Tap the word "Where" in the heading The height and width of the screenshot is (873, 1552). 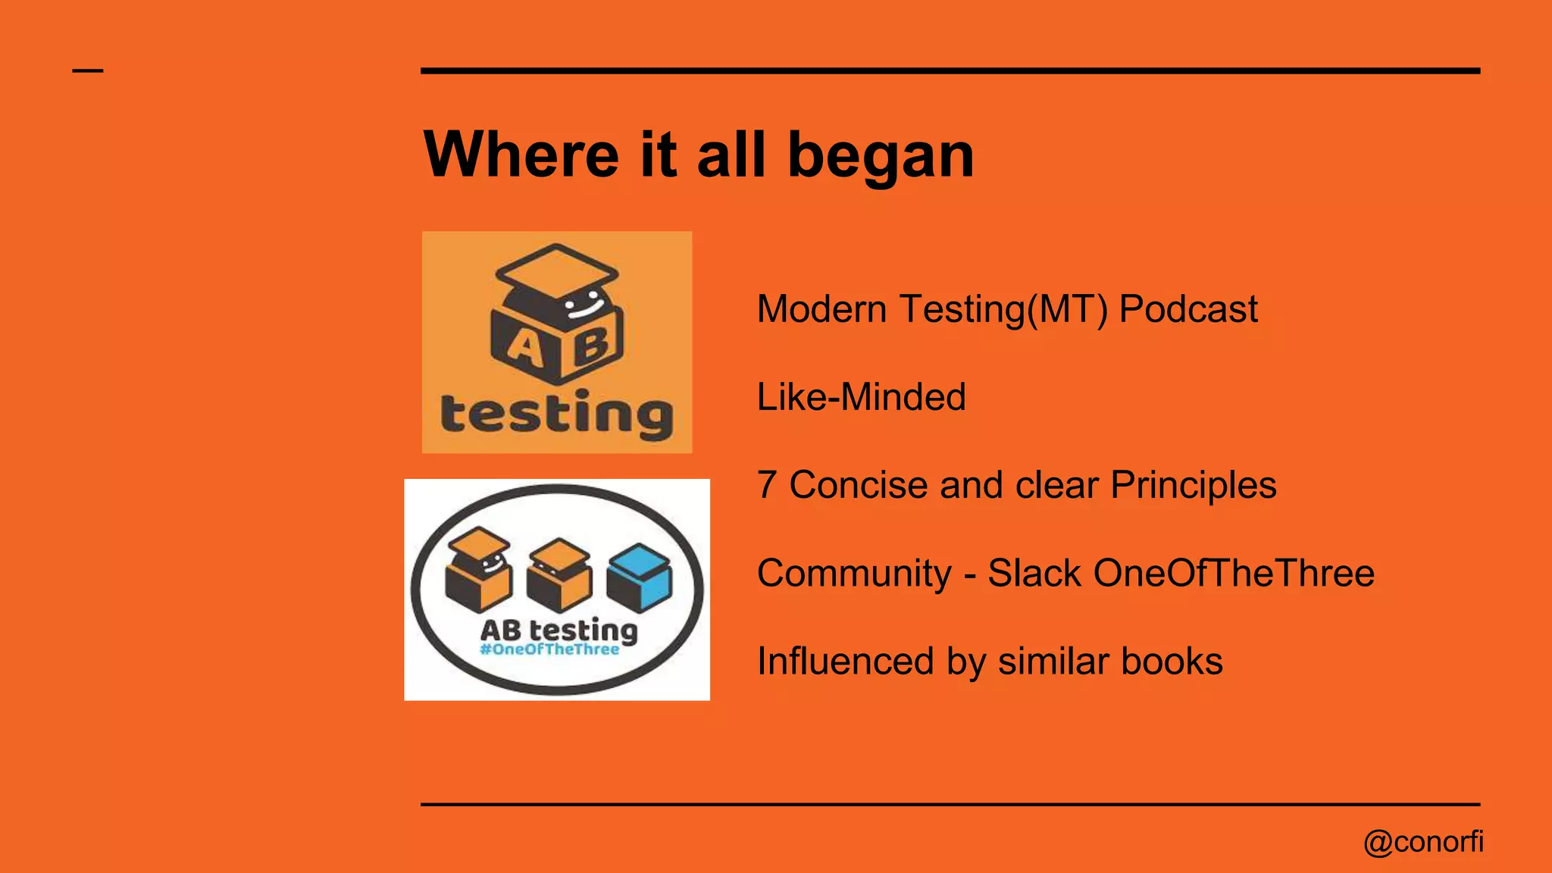click(x=521, y=155)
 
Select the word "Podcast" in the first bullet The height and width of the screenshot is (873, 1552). click(x=1188, y=310)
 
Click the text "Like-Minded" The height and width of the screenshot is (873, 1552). click(x=862, y=397)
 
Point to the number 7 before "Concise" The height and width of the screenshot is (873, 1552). click(x=767, y=485)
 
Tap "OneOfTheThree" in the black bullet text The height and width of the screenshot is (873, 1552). click(x=1234, y=573)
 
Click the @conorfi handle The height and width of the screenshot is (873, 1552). click(x=1423, y=842)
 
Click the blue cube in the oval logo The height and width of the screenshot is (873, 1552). click(x=640, y=577)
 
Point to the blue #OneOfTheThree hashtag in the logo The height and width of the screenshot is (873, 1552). click(x=549, y=649)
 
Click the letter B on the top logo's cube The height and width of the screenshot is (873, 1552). click(x=592, y=345)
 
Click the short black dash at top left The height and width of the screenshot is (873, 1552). click(x=88, y=71)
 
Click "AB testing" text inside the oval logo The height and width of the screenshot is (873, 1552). click(x=559, y=630)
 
